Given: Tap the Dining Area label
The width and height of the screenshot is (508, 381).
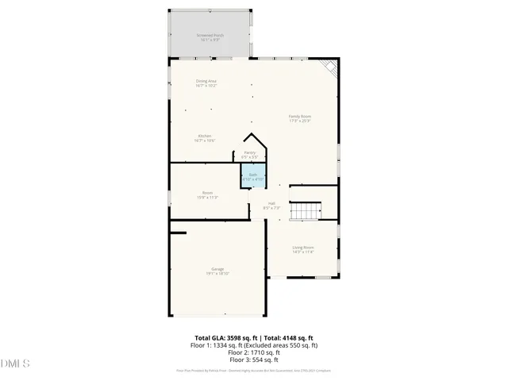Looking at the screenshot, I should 206,82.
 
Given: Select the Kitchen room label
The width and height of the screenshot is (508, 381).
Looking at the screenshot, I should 205,137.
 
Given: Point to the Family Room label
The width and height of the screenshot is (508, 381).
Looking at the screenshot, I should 299,117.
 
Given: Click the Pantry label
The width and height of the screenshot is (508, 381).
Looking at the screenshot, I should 249,153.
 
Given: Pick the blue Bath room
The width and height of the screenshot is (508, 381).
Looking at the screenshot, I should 252,175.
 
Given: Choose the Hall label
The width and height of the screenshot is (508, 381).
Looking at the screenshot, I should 271,204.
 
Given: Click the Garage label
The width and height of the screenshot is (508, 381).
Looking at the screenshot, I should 217,270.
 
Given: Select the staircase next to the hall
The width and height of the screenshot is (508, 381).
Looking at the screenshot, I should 302,211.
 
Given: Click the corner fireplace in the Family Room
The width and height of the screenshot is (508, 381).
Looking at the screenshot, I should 330,68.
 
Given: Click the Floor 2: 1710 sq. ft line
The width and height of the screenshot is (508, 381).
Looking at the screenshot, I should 254,352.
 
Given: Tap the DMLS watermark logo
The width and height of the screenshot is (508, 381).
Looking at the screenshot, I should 15,364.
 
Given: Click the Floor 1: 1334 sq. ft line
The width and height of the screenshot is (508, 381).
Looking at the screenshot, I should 254,345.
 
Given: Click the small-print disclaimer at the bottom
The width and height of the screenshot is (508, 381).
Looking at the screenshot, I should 254,371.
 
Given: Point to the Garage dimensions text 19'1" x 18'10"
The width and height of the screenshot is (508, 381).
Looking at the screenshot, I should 217,274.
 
